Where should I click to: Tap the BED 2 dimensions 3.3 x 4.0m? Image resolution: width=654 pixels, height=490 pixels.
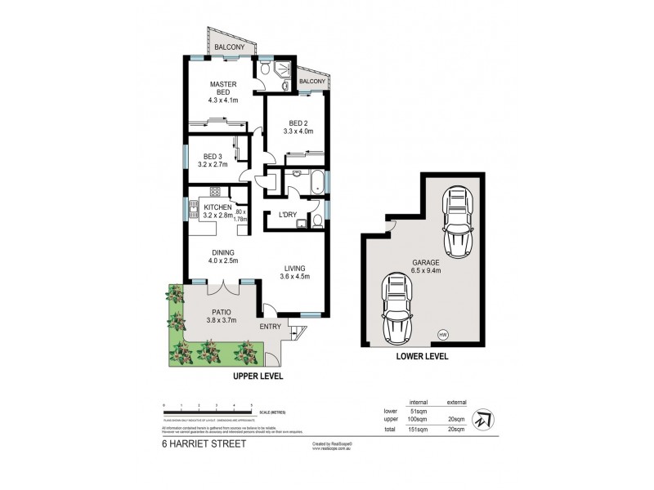(298, 130)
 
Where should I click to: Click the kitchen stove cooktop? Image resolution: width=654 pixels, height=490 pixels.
(216, 193)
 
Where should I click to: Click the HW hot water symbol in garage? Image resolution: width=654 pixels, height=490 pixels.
(442, 334)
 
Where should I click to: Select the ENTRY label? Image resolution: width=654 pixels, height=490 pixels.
(271, 327)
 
